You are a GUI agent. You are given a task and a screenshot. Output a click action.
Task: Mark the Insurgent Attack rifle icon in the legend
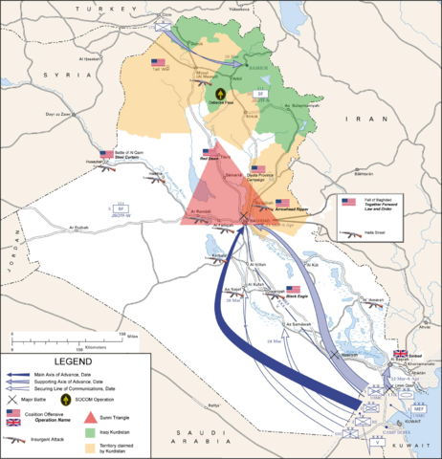coord(13,439)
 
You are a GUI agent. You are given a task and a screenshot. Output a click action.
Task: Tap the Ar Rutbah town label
coord(85,227)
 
